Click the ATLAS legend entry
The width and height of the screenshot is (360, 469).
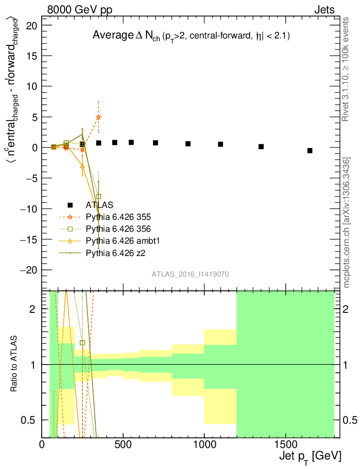click(x=99, y=205)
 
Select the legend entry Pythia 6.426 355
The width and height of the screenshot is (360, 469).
click(x=118, y=217)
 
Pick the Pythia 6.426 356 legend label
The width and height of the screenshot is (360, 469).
click(x=118, y=229)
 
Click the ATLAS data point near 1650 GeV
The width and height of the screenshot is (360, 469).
click(x=310, y=151)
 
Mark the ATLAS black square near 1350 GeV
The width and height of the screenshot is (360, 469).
click(x=261, y=147)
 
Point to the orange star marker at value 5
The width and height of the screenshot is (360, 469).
click(x=98, y=117)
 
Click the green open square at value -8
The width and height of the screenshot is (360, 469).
click(x=98, y=196)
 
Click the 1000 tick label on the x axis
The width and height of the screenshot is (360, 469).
click(x=204, y=445)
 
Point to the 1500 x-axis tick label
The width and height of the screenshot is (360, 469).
click(x=285, y=445)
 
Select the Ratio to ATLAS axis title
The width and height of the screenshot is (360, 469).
click(x=14, y=364)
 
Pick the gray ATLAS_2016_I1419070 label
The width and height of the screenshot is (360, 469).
click(x=190, y=274)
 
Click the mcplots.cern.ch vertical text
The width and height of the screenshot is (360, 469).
click(x=347, y=223)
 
